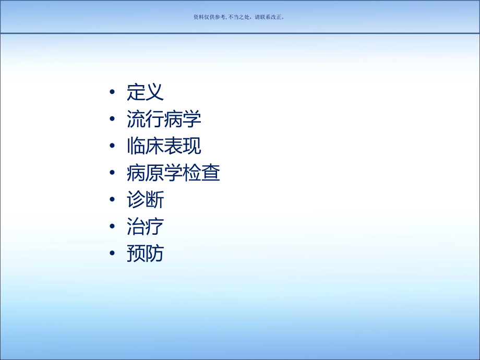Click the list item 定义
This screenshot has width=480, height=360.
145,92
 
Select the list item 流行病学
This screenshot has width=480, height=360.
164,119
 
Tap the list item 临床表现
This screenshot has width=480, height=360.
164,147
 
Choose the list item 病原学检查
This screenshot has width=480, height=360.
173,173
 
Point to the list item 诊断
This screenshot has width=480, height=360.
145,200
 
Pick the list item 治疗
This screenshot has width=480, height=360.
145,227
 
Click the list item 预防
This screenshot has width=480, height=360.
145,254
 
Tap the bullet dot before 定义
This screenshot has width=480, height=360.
113,93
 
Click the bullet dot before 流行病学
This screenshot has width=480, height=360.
113,120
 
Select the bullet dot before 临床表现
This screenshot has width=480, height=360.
113,147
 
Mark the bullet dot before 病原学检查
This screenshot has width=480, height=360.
113,174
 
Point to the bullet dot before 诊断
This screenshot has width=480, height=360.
113,201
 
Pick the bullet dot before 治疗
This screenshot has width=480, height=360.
113,227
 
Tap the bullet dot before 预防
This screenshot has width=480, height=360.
113,255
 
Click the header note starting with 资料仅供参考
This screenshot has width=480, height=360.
239,17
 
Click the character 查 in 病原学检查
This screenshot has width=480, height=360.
211,173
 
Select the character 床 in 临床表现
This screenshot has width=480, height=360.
154,147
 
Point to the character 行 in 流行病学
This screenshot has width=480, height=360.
154,119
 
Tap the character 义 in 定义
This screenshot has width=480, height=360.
154,92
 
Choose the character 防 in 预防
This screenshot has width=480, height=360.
154,254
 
